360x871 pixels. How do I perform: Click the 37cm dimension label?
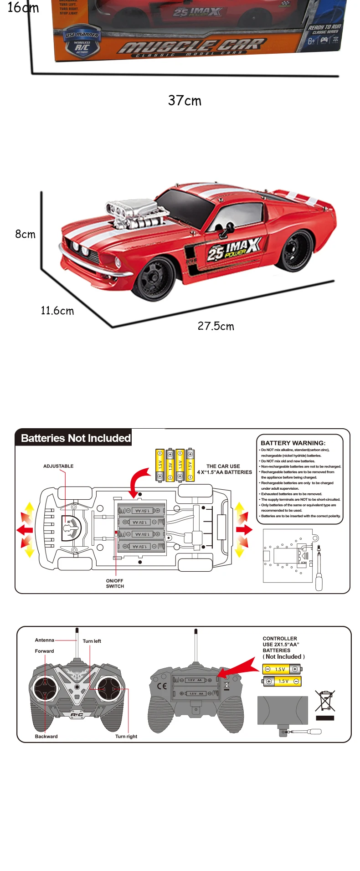coord(185,100)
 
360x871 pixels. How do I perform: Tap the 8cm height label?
coord(25,234)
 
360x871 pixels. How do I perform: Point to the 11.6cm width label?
coord(57,311)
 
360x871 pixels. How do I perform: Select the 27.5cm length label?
coord(216,326)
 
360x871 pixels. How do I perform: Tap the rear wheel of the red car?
coord(297,251)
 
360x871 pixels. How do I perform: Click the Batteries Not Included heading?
coord(76,438)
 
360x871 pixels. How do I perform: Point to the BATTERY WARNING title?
coord(293,443)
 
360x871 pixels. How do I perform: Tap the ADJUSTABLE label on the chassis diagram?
coord(58,466)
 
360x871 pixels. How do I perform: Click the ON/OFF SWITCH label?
coord(115,584)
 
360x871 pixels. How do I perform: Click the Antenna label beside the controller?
coord(45,640)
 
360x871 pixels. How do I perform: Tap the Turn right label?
coord(126,736)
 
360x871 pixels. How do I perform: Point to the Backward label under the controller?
coord(46,736)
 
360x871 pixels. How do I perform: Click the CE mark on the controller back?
coord(162,686)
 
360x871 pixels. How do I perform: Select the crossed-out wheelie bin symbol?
coord(325,701)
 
